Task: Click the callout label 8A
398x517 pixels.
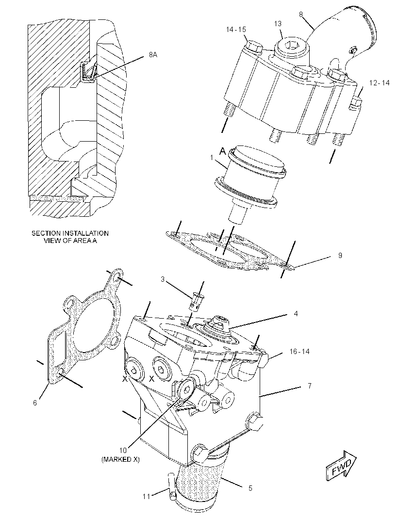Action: click(153, 55)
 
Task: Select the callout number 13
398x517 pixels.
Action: click(278, 24)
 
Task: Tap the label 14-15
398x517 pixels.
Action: click(236, 30)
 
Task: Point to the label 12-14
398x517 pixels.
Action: click(379, 83)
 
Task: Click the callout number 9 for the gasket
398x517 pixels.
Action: click(340, 255)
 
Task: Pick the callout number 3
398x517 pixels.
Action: click(163, 279)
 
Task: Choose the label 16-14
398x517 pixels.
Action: click(299, 352)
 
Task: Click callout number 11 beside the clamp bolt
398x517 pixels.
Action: click(147, 496)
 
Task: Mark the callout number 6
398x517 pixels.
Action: click(35, 403)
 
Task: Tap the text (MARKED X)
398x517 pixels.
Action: click(120, 459)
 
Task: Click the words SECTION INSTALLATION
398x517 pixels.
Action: click(70, 233)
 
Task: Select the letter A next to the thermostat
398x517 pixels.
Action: click(223, 151)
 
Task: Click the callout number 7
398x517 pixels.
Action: click(309, 386)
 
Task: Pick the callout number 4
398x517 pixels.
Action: click(296, 314)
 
